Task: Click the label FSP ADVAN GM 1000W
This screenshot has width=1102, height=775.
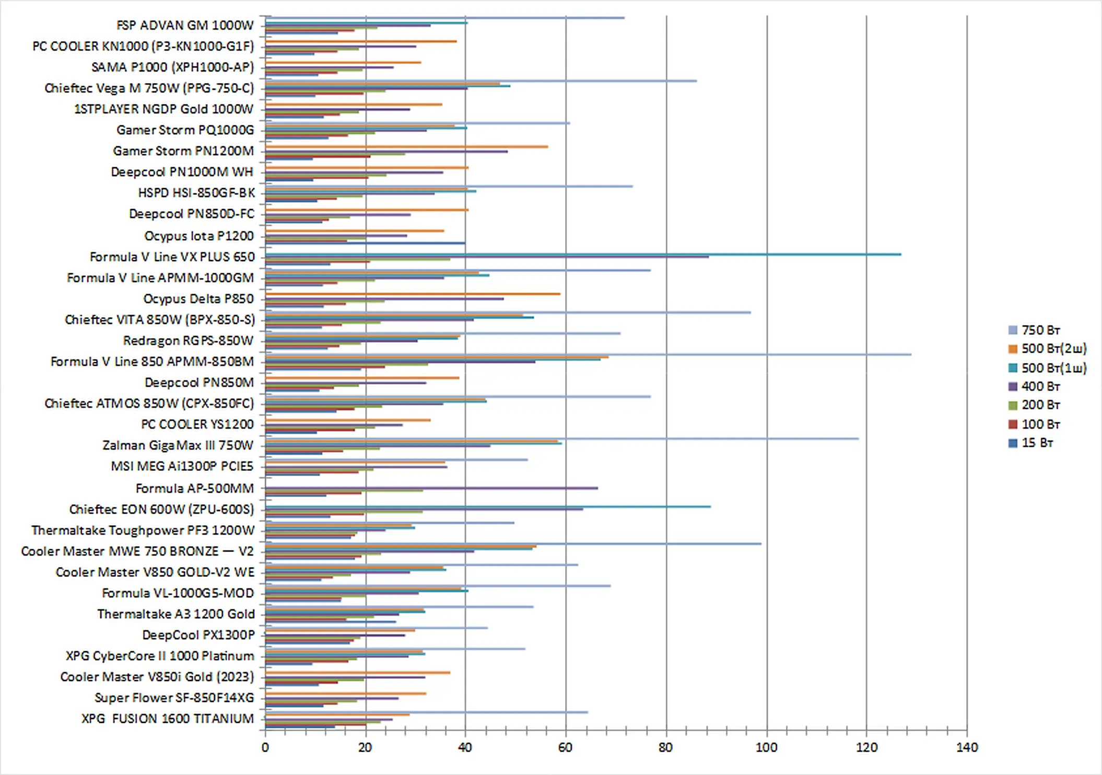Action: coord(184,25)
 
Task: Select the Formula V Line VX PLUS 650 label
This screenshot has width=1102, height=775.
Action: coord(172,257)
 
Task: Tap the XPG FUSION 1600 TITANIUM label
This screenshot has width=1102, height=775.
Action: coord(167,719)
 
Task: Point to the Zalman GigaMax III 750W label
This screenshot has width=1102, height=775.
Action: coord(178,445)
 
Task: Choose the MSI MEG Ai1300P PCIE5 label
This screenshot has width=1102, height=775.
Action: coord(182,466)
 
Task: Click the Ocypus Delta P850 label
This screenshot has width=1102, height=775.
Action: coord(198,299)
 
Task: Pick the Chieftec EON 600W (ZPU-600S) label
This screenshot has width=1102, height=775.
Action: coord(161,509)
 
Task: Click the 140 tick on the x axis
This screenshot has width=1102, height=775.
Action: coord(967,747)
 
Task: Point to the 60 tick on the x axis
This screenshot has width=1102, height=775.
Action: coord(566,747)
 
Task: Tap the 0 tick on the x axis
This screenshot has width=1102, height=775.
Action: coord(265,747)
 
